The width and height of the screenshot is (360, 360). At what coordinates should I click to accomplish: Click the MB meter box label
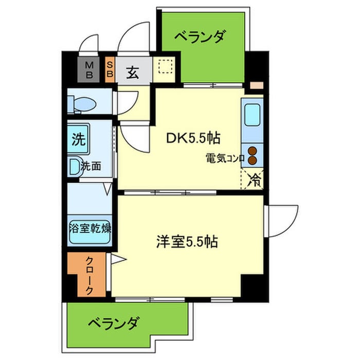tap(89, 69)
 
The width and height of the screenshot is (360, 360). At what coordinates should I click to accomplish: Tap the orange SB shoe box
tap(110, 69)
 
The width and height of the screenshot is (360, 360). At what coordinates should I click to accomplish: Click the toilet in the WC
tap(84, 104)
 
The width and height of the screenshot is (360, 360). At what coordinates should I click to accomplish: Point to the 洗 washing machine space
tap(79, 138)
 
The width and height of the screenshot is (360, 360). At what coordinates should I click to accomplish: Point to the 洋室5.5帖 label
tap(187, 241)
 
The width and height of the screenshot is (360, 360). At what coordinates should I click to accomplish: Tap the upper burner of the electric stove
tap(253, 151)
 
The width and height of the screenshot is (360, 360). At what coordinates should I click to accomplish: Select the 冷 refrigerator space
tap(254, 179)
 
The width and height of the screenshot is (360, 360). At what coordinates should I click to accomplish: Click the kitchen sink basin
tap(254, 116)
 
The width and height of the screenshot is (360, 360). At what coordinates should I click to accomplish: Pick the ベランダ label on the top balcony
tap(201, 37)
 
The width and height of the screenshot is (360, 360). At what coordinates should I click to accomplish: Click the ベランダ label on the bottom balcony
tap(113, 324)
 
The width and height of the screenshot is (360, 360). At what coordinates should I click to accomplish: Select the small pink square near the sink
tap(257, 85)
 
